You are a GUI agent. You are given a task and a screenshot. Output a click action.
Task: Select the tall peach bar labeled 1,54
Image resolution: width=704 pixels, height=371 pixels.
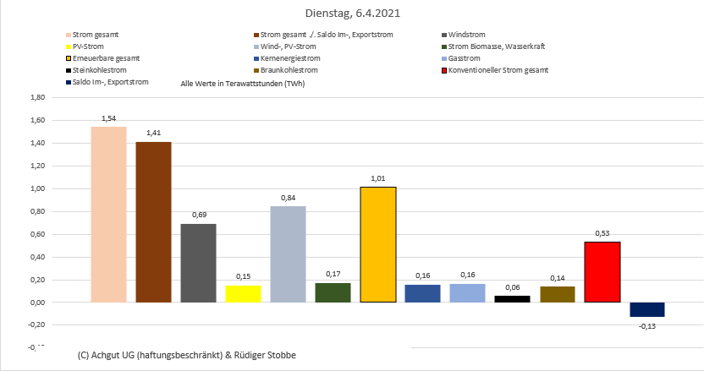click(108, 214)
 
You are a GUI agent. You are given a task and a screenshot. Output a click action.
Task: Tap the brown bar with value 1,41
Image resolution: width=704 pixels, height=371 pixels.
click(153, 221)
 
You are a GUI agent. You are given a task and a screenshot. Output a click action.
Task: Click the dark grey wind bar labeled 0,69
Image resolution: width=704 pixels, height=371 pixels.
click(198, 263)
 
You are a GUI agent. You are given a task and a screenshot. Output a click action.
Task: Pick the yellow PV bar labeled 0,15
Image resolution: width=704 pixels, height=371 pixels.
click(243, 293)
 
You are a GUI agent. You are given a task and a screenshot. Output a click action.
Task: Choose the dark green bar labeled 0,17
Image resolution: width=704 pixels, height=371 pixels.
click(333, 292)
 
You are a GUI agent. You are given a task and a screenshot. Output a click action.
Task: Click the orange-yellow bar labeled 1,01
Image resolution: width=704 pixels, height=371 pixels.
click(377, 244)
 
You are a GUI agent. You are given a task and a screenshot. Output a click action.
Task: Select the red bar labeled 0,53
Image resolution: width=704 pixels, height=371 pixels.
click(602, 271)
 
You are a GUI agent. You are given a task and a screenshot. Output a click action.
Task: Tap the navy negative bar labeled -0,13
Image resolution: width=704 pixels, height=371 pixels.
click(646, 309)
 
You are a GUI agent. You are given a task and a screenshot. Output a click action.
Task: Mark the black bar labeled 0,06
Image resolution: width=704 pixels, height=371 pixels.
click(512, 298)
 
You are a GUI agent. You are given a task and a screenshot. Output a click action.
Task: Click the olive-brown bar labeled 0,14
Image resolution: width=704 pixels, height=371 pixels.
click(557, 294)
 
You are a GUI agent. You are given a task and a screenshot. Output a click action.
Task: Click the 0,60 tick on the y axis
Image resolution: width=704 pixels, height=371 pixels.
click(36, 234)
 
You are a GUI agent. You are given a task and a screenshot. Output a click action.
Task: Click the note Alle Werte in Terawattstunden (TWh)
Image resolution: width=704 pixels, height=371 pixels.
click(243, 84)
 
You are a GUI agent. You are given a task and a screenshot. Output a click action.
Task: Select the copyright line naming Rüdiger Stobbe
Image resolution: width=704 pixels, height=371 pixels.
click(186, 354)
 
